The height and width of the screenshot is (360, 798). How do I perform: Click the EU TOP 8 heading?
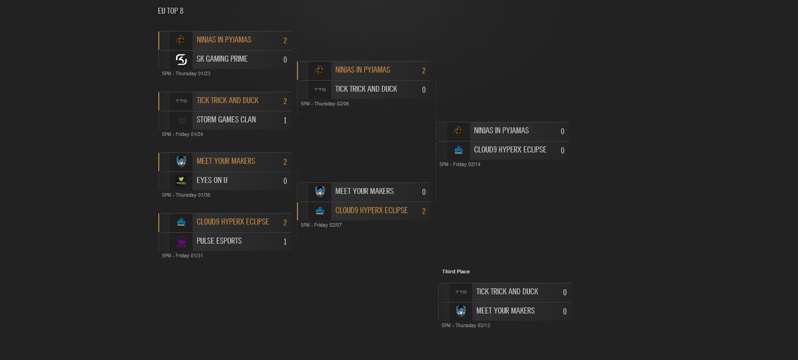[x=171, y=11]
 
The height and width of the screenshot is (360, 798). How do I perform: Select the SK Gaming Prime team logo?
[x=181, y=59]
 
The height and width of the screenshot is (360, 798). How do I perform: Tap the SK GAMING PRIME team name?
[x=222, y=59]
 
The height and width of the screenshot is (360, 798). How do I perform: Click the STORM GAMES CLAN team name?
[x=226, y=120]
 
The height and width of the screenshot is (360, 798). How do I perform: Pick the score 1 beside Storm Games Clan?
[x=285, y=120]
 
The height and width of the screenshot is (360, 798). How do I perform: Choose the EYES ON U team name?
[x=212, y=180]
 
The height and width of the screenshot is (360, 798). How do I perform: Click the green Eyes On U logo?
[x=181, y=180]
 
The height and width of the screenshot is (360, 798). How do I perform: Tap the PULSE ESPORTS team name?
[x=219, y=241]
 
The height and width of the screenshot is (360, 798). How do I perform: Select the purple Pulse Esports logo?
[x=181, y=241]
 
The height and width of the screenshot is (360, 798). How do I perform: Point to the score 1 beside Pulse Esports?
[x=285, y=242]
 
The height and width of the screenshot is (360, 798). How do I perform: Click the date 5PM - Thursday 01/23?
[x=186, y=74]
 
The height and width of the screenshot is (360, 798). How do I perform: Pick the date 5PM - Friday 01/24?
[x=183, y=135]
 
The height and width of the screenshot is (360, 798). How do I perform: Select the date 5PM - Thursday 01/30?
[x=186, y=195]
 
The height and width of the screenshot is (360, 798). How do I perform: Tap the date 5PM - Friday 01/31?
[x=183, y=256]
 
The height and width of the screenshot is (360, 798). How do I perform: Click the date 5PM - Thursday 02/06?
[x=325, y=104]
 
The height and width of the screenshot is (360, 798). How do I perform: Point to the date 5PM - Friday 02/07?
[x=321, y=225]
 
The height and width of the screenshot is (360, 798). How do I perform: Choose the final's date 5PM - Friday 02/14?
[x=460, y=165]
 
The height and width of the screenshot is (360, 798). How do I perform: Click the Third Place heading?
[x=456, y=272]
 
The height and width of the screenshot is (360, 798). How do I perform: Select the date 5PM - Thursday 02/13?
[x=466, y=326]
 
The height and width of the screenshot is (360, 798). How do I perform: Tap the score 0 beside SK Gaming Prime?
[x=285, y=60]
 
